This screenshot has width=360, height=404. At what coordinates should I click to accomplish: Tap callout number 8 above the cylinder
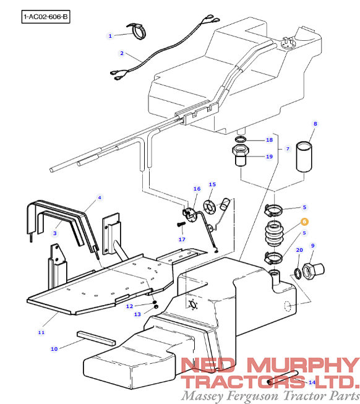click(x=314, y=124)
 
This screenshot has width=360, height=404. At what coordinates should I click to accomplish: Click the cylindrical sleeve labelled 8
click(x=303, y=157)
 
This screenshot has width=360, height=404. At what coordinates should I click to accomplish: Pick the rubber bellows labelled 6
click(x=275, y=236)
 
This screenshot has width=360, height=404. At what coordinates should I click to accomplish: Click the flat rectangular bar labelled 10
click(x=96, y=337)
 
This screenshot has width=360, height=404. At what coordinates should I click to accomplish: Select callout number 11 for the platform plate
click(x=41, y=332)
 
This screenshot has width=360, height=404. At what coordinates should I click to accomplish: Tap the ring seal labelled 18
click(x=241, y=140)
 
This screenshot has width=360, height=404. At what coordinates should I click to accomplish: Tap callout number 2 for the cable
click(x=122, y=53)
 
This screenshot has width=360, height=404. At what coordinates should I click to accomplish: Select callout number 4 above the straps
click(x=100, y=197)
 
